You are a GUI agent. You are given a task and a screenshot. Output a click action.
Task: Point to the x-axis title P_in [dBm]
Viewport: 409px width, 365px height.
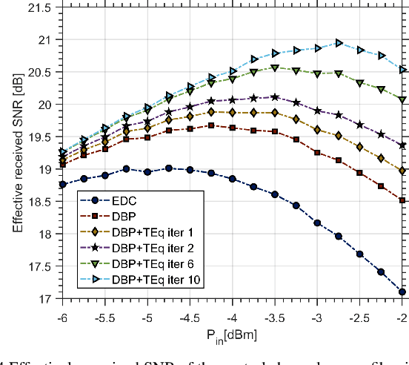coord(233,335)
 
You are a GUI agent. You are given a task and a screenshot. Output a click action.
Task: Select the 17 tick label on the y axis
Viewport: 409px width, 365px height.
coord(46,299)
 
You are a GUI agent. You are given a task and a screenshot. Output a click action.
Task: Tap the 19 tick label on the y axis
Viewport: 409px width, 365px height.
coord(46,169)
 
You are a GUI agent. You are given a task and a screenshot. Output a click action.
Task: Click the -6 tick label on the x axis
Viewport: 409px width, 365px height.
coord(62,315)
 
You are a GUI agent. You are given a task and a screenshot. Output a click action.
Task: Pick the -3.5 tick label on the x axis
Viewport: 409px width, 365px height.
coord(275,315)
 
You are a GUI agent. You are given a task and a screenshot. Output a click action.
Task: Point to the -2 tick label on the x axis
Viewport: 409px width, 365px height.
coord(402,315)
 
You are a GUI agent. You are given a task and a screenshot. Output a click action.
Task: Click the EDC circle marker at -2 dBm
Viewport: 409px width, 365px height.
coord(402,292)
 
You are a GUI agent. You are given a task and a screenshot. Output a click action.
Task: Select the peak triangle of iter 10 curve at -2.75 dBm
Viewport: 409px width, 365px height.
coord(339,43)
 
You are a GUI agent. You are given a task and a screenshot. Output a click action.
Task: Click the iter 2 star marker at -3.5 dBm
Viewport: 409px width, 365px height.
coord(275,97)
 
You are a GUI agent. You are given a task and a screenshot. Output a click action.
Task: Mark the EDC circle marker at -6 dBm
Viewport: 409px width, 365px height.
coord(62,184)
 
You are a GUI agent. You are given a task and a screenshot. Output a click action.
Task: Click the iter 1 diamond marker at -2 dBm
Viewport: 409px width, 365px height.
coord(402,171)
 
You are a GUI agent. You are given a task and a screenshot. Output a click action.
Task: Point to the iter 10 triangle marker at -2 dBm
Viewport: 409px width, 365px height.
coord(402,69)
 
